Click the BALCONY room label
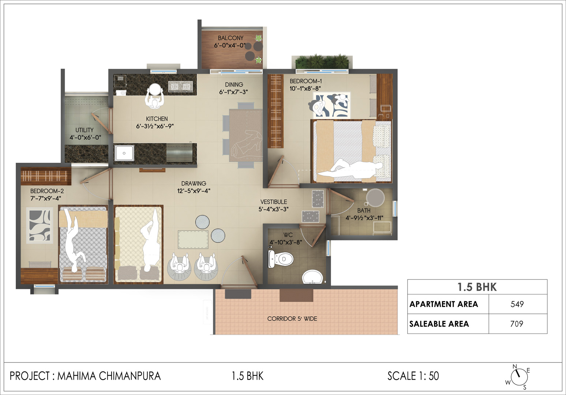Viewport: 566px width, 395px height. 230,38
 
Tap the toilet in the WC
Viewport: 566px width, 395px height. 281,259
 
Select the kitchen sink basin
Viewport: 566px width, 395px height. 124,153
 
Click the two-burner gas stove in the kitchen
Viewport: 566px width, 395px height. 180,87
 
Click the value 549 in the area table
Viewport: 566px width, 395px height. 517,304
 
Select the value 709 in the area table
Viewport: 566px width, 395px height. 517,324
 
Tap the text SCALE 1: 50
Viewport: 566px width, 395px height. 413,376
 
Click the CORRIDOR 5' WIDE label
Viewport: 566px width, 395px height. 292,319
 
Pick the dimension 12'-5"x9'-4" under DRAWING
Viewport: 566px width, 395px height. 194,191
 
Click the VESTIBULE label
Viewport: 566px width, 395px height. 274,202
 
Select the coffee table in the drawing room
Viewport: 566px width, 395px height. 193,239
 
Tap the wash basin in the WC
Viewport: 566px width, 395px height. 312,277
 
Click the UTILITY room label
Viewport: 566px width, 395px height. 85,130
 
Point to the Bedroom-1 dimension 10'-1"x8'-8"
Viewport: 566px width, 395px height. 305,89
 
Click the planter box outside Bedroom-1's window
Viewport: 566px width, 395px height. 321,61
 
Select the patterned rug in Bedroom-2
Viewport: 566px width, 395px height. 40,225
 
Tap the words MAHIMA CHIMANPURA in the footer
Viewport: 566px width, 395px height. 109,376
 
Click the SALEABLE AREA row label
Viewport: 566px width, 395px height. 439,324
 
